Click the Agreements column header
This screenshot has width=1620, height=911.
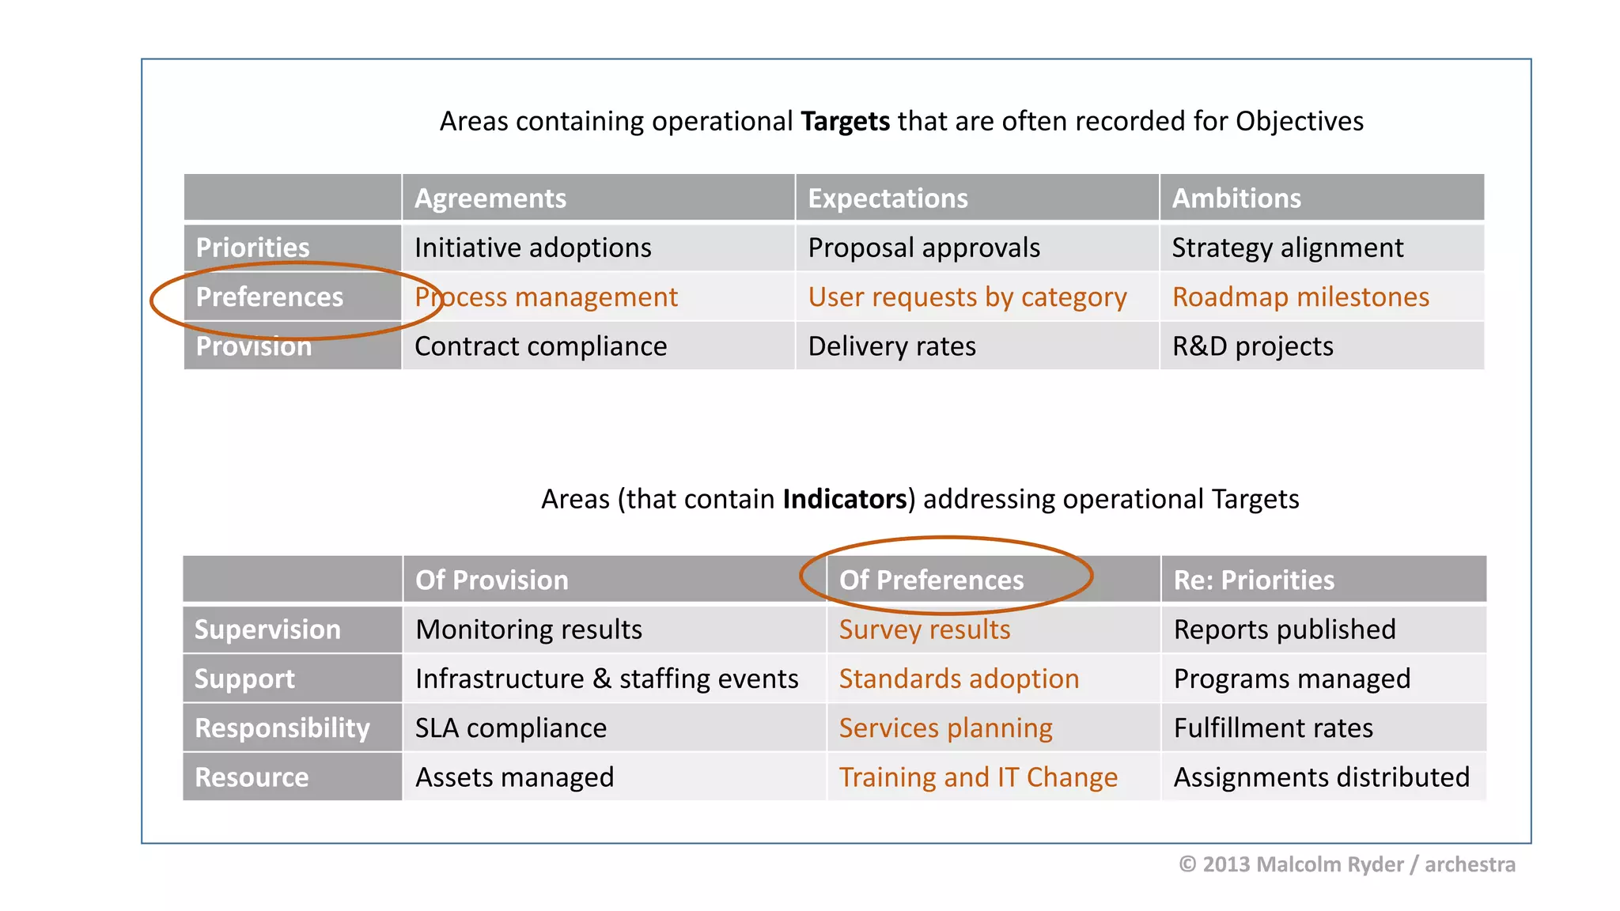(x=490, y=198)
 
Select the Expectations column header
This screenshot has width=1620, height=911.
(x=888, y=198)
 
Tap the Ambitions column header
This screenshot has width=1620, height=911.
(x=1236, y=198)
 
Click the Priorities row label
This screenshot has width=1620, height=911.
(x=253, y=248)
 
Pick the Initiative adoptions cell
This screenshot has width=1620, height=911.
(x=532, y=248)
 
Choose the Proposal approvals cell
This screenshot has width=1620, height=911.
(x=924, y=248)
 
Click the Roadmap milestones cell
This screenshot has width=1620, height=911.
(x=1300, y=297)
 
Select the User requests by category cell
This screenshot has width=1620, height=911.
(x=967, y=297)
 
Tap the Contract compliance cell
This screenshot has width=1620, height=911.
(x=540, y=346)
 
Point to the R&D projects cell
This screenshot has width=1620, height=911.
(x=1252, y=346)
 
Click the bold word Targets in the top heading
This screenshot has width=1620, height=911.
(x=845, y=122)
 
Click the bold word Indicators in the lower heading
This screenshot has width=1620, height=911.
(x=844, y=500)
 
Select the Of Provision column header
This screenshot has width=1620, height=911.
(x=492, y=580)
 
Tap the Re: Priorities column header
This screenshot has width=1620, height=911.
(x=1254, y=580)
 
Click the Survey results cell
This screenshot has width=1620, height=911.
(x=925, y=629)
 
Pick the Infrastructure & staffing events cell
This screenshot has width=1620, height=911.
(x=607, y=679)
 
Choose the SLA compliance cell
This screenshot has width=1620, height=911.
(x=511, y=728)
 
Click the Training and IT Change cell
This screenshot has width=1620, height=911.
(x=978, y=777)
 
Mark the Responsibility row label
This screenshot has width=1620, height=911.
(x=282, y=728)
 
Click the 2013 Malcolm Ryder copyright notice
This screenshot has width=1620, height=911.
(x=1346, y=864)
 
